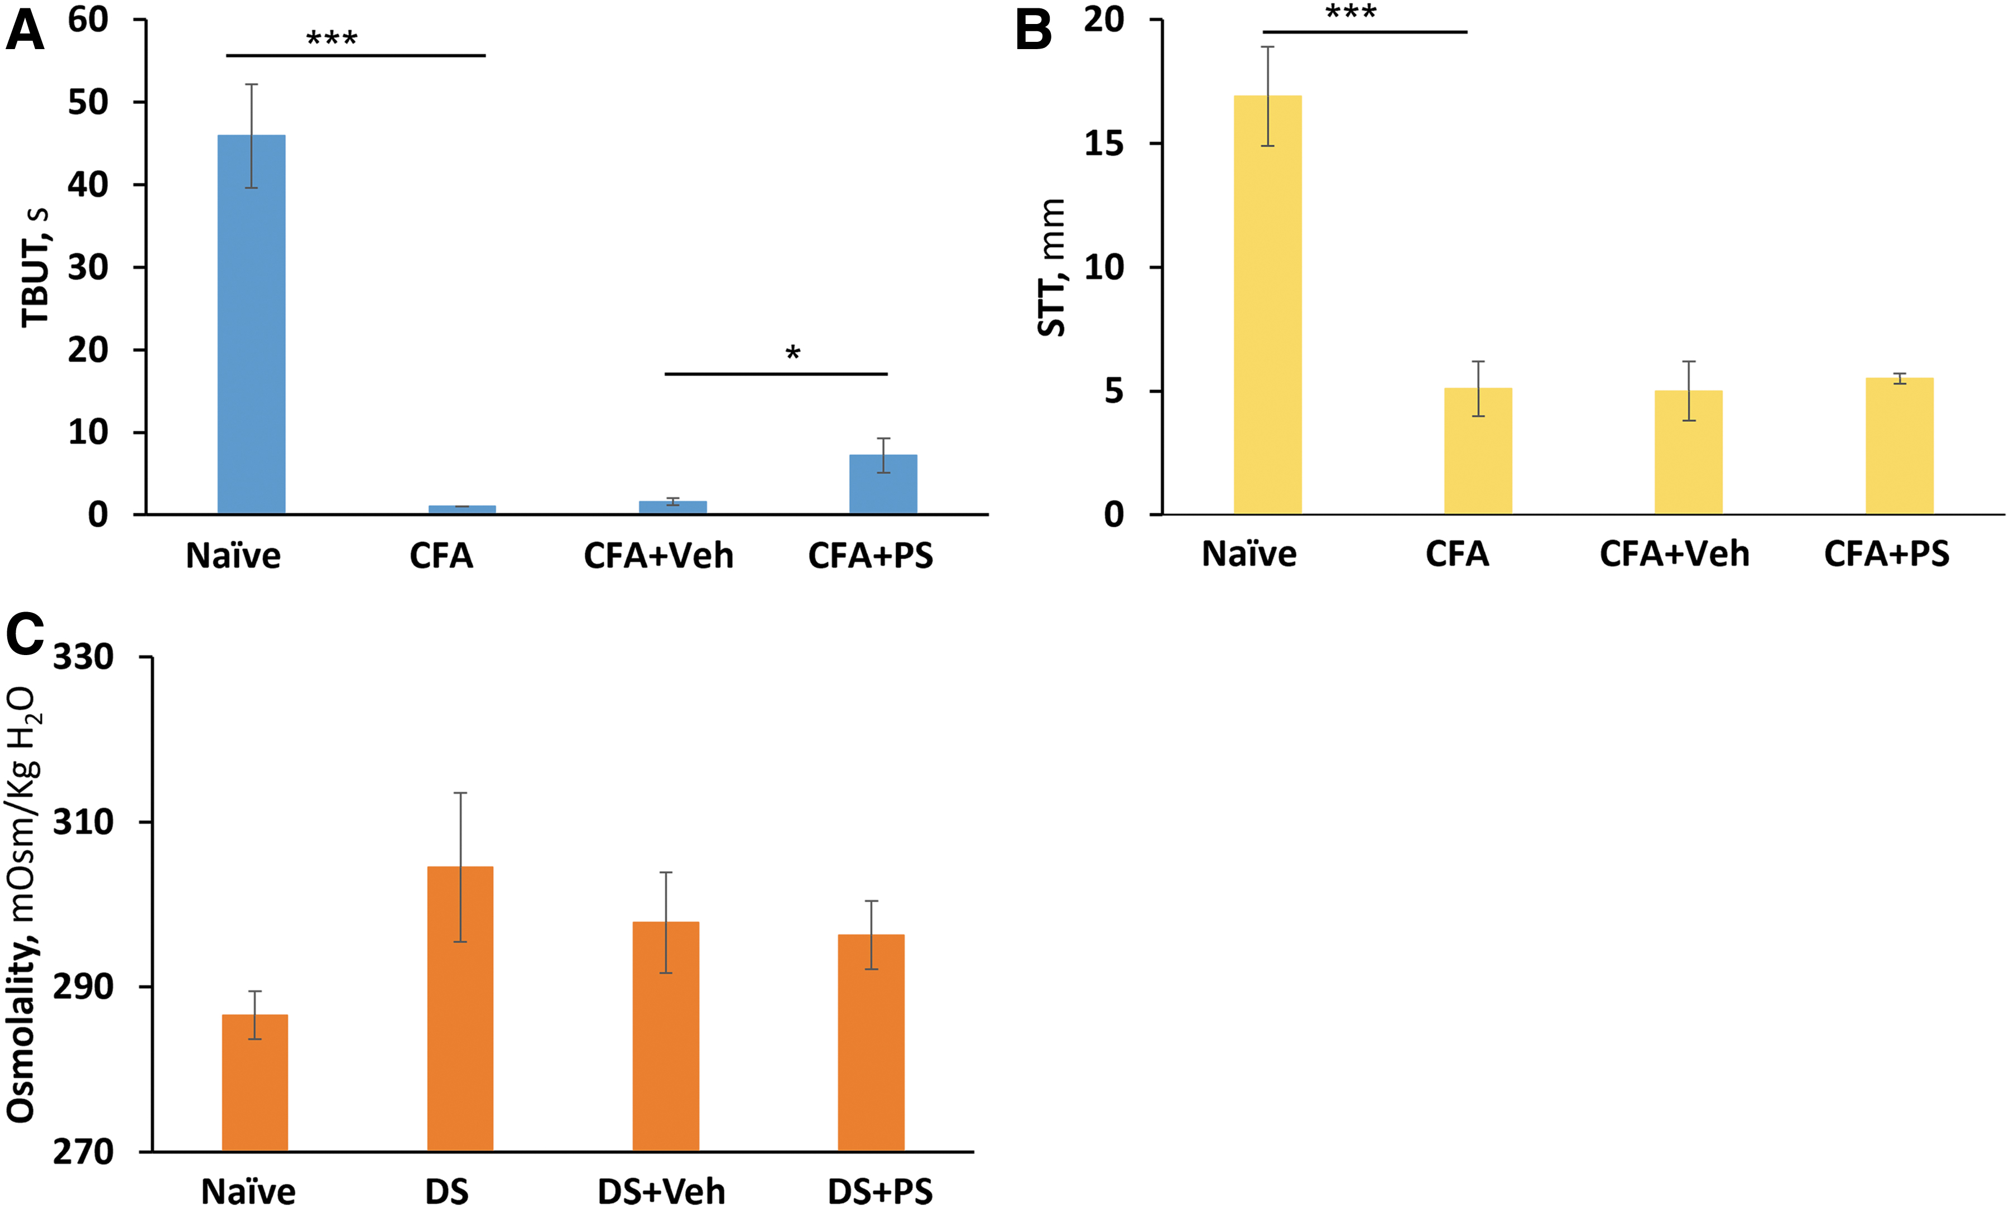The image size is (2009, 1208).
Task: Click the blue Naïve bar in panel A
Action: (x=252, y=324)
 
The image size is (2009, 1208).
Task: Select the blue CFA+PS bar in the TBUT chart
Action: (x=883, y=484)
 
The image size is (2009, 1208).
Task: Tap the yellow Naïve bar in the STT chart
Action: (x=1267, y=305)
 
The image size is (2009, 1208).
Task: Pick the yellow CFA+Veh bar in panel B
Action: (x=1688, y=452)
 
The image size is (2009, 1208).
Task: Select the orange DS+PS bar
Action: (x=871, y=1043)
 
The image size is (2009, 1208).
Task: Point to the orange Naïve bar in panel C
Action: (x=255, y=1082)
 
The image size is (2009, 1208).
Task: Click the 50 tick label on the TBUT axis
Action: (x=88, y=103)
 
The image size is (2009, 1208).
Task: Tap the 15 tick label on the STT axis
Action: (x=1104, y=144)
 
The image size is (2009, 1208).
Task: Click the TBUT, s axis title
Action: (x=35, y=267)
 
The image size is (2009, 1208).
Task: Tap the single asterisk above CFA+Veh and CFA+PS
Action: (x=792, y=353)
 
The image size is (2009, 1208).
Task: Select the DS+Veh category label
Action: (x=661, y=1192)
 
